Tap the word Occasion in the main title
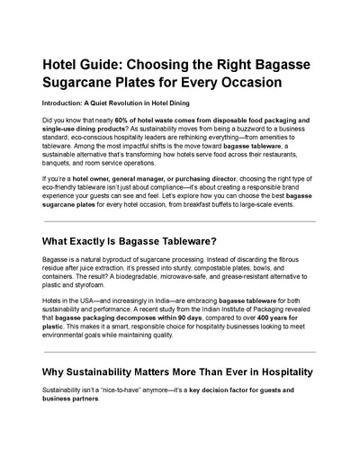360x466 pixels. click(245, 82)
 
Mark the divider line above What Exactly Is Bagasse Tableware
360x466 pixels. click(179, 221)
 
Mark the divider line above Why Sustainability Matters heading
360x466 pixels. click(179, 352)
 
